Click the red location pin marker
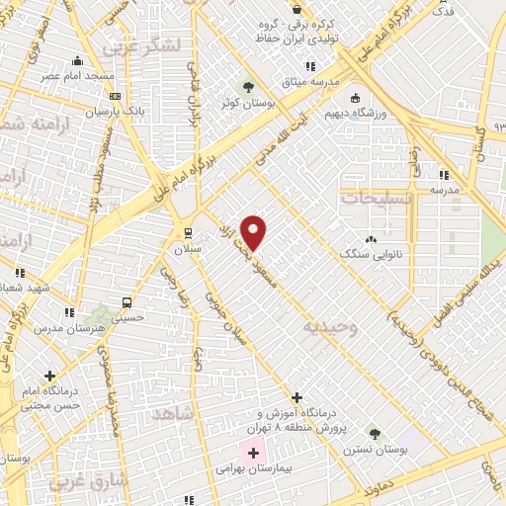(x=254, y=232)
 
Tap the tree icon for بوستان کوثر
(x=247, y=87)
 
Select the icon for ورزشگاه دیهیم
(x=355, y=98)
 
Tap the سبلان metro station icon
(x=187, y=233)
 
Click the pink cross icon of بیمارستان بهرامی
(x=254, y=453)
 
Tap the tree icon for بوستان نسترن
(x=374, y=433)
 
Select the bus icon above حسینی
(x=126, y=302)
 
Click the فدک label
(x=444, y=12)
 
